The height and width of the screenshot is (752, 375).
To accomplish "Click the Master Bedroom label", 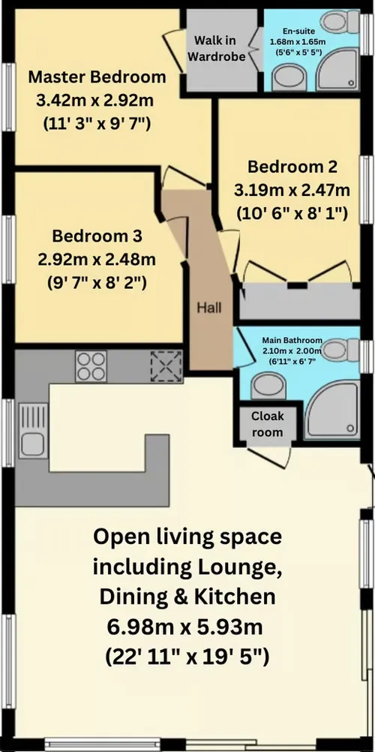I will pos(96,77).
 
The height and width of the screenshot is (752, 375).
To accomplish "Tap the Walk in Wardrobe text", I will pos(220,47).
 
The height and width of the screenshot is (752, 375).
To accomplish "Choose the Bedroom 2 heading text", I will pos(292,166).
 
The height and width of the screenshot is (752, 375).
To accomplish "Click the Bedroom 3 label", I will pos(96,236).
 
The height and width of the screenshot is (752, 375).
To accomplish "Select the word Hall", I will pos(209,307).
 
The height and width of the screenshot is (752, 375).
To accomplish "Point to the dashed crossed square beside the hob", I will pos(165,366).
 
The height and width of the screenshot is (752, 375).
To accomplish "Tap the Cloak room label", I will pos(267,423).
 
